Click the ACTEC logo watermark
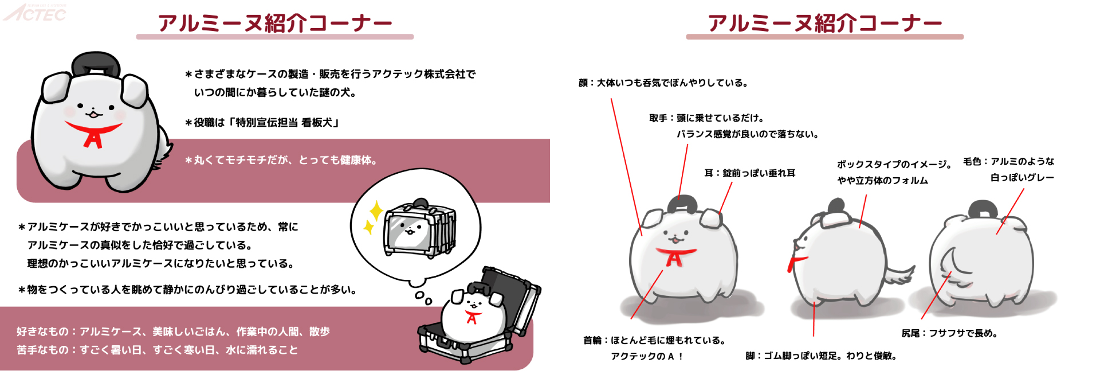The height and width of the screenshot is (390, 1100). click(x=36, y=13)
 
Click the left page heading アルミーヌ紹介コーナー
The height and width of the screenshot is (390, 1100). click(x=275, y=24)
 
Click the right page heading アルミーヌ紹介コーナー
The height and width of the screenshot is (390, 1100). click(x=825, y=24)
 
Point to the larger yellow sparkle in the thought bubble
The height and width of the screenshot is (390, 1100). click(x=376, y=210)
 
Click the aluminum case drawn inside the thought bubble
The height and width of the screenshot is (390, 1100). click(x=421, y=229)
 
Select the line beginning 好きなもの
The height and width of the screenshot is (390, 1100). click(x=173, y=331)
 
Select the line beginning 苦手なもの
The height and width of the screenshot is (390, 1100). click(x=158, y=350)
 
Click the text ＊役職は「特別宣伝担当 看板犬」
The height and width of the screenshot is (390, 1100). click(x=262, y=123)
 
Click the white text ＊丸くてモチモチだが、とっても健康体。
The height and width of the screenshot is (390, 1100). click(x=281, y=160)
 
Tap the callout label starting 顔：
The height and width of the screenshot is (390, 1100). click(x=663, y=83)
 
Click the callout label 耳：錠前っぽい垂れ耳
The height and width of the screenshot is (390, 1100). click(x=749, y=173)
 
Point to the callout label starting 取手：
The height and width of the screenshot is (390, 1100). click(x=706, y=118)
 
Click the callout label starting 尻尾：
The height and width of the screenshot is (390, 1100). click(x=949, y=333)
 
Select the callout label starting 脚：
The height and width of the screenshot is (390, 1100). click(x=820, y=356)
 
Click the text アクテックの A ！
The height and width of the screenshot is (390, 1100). click(x=647, y=356)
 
